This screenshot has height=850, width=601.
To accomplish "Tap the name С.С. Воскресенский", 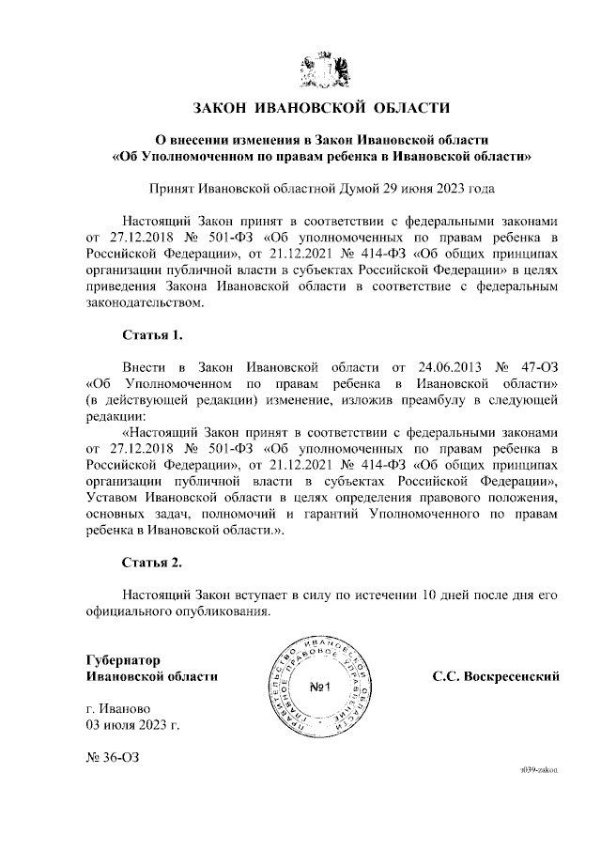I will pos(497,676).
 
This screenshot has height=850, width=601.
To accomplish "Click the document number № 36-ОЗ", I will pos(111,755).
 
